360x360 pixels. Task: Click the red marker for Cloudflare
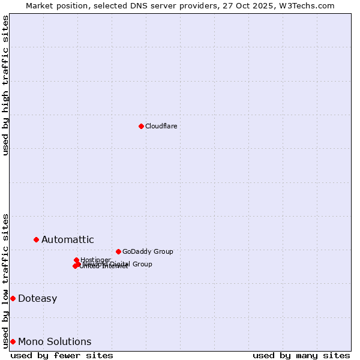pyautogui.click(x=141, y=126)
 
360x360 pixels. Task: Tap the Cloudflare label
pyautogui.click(x=161, y=126)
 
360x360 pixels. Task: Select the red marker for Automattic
pyautogui.click(x=36, y=239)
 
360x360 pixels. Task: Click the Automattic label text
pyautogui.click(x=67, y=240)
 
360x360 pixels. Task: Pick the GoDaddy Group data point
pyautogui.click(x=118, y=251)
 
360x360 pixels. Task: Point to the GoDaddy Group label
pyautogui.click(x=148, y=251)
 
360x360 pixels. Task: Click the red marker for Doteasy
pyautogui.click(x=13, y=298)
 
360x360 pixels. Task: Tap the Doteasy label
pyautogui.click(x=37, y=299)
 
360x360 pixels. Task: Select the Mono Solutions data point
pyautogui.click(x=13, y=341)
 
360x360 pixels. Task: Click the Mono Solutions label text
pyautogui.click(x=55, y=342)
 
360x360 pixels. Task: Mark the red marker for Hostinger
pyautogui.click(x=76, y=260)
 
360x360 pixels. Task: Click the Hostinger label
pyautogui.click(x=96, y=259)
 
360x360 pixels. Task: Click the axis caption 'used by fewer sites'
pyautogui.click(x=62, y=355)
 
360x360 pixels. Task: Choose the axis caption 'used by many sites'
pyautogui.click(x=301, y=355)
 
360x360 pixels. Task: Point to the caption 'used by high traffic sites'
pyautogui.click(x=5, y=85)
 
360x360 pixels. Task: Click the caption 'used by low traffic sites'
pyautogui.click(x=5, y=281)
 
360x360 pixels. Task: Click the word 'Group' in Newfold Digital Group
pyautogui.click(x=142, y=264)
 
